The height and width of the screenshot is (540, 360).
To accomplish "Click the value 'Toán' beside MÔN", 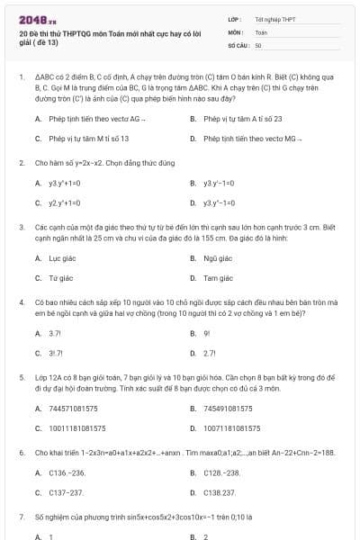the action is (261, 31).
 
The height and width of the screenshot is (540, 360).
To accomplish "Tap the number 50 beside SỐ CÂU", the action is (258, 43).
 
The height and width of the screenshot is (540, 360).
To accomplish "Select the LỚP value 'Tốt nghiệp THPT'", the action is (274, 18).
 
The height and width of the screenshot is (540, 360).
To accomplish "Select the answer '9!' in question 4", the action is (206, 333).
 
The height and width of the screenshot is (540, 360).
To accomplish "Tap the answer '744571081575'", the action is (77, 408).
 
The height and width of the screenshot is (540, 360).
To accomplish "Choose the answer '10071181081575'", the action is (237, 427).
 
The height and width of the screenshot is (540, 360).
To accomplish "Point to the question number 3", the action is (21, 229).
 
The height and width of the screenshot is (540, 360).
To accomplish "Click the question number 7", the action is (21, 517).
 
